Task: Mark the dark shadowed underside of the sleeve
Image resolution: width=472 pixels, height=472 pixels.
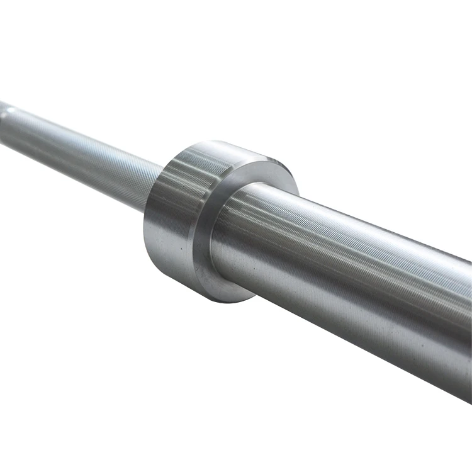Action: tap(352, 340)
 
